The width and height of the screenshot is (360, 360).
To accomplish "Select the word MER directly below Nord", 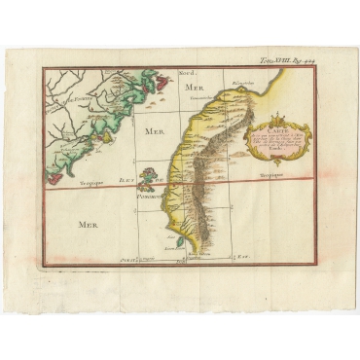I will [x=190, y=88].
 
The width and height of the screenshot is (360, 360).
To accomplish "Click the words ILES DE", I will [x=127, y=181].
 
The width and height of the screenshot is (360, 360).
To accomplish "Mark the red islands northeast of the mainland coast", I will [x=147, y=90].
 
